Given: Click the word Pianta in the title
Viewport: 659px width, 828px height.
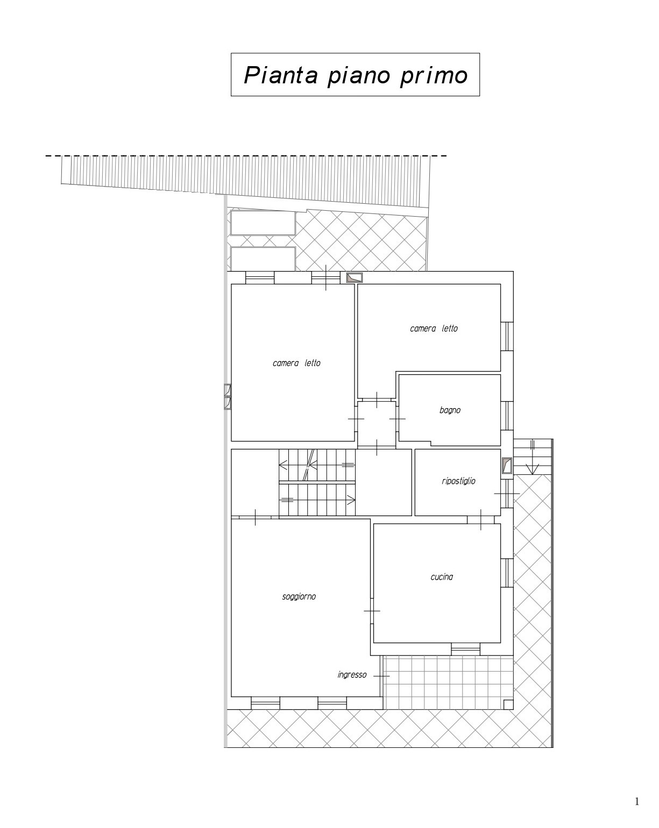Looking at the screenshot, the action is [x=281, y=75].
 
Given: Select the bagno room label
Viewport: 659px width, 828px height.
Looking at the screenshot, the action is [x=450, y=410].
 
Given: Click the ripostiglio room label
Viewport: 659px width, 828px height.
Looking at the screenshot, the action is [x=458, y=481].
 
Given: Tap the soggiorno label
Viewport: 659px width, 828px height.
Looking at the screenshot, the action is [x=299, y=597].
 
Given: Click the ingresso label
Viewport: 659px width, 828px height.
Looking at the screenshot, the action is [x=352, y=675].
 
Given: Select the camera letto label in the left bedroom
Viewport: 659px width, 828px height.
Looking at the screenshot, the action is [x=296, y=363].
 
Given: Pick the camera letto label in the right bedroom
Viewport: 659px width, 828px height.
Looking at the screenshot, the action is [x=434, y=328].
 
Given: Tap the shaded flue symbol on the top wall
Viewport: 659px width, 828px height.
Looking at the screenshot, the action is [x=354, y=277].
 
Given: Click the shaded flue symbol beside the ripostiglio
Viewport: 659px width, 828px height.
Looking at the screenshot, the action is [x=507, y=466].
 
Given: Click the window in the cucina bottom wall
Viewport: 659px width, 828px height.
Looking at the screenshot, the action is [x=465, y=649].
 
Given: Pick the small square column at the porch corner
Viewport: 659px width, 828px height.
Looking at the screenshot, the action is [x=508, y=704].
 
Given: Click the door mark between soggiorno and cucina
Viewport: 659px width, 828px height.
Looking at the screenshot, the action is [x=372, y=611].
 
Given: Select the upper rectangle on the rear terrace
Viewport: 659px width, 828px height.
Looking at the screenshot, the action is [x=263, y=223].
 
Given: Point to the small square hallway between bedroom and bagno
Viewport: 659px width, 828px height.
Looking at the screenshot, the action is [x=377, y=423].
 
